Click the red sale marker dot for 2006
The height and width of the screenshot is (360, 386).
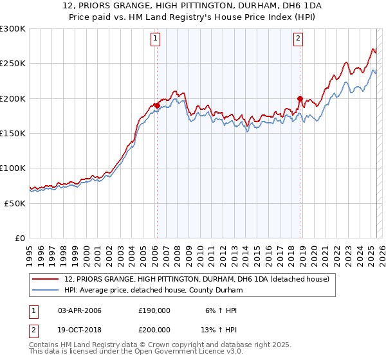coord(157,106)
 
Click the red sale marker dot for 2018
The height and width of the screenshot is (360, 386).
coord(300,99)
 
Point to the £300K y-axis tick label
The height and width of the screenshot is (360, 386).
coord(13,29)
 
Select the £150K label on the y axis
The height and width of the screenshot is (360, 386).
coord(13,133)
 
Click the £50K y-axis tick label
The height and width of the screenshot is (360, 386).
coord(15,203)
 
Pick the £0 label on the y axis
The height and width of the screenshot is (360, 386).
coord(19,238)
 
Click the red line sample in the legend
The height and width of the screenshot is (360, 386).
coord(46,279)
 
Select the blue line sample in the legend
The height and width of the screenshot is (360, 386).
coord(46,290)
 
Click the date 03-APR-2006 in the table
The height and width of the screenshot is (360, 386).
coord(80,310)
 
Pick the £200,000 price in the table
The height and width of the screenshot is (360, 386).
coord(154,331)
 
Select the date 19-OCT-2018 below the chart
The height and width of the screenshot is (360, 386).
coord(80,331)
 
